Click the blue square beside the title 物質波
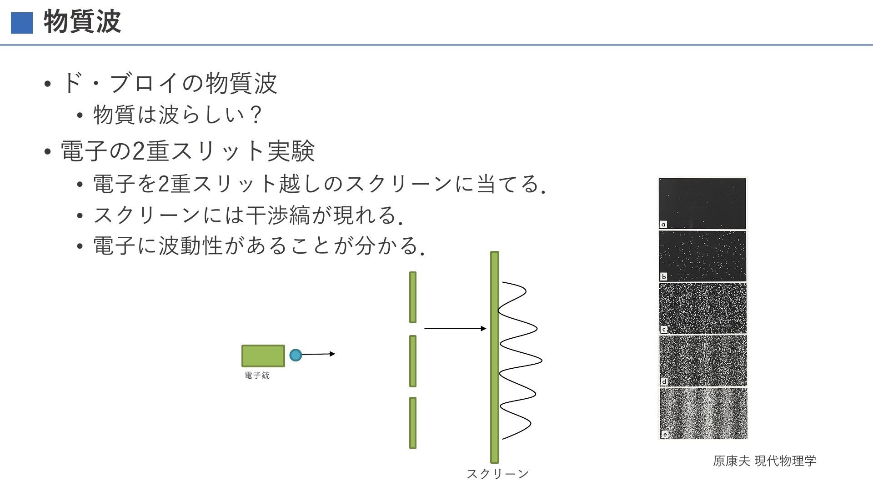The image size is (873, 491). pos(22,23)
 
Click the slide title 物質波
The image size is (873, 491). pos(82,21)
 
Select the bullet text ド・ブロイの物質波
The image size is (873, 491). pos(169,83)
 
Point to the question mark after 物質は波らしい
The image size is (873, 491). pos(256,114)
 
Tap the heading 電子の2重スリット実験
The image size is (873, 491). pos(188,151)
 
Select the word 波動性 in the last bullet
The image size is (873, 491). pos(190,245)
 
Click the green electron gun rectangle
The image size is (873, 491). pos(263,356)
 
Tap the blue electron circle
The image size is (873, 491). pos(296,355)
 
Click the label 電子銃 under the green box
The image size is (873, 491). pos(257,375)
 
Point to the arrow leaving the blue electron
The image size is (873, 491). pos(319,354)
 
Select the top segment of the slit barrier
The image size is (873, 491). pos(413,297)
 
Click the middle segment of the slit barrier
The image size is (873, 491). pos(413,361)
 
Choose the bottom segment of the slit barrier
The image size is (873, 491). pos(413,423)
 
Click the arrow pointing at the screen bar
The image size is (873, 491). pos(455,328)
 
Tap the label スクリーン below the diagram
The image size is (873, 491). pos(498,474)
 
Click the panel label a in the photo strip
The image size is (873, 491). pos(663,224)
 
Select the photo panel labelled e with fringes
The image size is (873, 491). pos(703,413)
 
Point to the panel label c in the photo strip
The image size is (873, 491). pos(664,330)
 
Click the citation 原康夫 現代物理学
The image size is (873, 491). pos(765,461)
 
